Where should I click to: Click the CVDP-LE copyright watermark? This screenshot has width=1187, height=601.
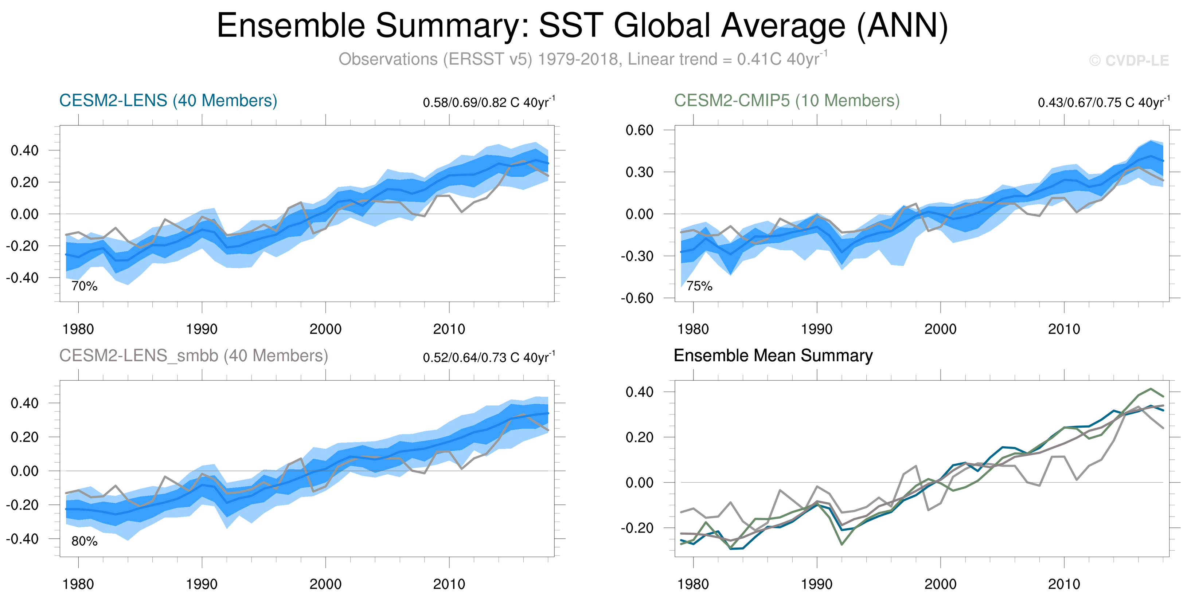click(x=1129, y=60)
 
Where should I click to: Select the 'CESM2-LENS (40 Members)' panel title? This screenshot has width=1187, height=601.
click(x=168, y=101)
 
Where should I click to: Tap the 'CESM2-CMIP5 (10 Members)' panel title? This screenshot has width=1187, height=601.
click(x=786, y=101)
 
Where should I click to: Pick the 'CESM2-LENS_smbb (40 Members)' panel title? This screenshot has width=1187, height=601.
click(x=194, y=356)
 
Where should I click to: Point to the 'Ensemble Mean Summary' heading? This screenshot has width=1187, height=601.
click(x=773, y=356)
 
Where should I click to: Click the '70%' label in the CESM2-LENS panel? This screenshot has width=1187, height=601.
click(x=84, y=286)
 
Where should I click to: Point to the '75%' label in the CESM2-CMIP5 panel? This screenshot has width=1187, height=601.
click(x=699, y=286)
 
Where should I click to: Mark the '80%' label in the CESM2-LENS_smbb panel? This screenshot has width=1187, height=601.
click(x=84, y=541)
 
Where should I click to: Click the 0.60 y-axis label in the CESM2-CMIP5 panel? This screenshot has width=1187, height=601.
click(x=639, y=130)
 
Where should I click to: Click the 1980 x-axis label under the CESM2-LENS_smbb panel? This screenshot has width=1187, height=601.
click(x=78, y=584)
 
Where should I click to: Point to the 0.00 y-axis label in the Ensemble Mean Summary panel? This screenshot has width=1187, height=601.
click(x=639, y=482)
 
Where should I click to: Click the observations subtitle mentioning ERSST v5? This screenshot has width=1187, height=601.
click(x=583, y=59)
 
